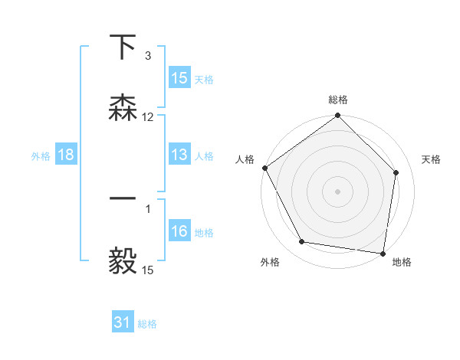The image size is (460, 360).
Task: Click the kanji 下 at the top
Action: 123,47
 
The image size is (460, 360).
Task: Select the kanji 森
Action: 123,107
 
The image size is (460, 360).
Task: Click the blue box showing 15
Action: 179,78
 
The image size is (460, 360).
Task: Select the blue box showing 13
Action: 179,155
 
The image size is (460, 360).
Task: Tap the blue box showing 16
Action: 179,231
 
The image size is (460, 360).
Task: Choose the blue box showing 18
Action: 66,155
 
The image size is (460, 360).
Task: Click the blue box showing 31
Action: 123,322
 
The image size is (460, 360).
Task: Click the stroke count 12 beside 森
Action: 148,117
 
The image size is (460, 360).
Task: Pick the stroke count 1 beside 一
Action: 147,208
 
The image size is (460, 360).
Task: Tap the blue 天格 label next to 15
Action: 204,79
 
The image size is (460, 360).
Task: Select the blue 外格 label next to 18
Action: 41,155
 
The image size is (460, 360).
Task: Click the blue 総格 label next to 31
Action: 147,323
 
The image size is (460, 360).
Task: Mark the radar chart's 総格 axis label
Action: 338,100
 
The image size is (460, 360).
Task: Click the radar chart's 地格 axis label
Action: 402,262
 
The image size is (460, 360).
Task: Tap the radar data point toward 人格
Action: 265,168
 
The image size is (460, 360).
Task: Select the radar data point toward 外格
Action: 302,242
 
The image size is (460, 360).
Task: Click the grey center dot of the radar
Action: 338,191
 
